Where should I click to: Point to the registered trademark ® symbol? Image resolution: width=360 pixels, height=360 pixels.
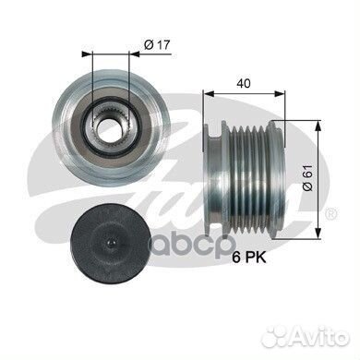[330, 214]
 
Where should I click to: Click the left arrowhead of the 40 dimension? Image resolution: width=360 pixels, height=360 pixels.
[206, 93]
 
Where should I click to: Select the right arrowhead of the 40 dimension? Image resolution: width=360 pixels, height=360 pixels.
[282, 93]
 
